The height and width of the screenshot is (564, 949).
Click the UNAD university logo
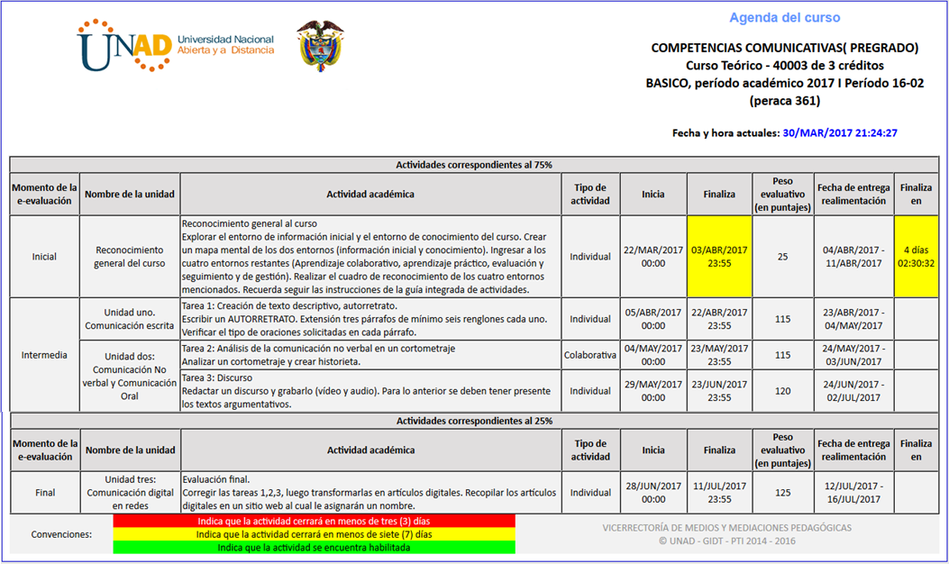(x=177, y=46)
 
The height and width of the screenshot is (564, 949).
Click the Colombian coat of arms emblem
(x=320, y=46)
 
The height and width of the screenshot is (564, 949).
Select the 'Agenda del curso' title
(x=784, y=18)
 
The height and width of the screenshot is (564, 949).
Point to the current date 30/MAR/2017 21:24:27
(x=840, y=132)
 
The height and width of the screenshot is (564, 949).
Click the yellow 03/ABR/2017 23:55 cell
(x=719, y=257)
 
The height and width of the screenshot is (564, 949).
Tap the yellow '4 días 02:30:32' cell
(x=916, y=257)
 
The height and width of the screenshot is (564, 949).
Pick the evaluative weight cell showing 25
(x=782, y=257)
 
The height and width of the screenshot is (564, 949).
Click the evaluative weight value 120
(x=782, y=391)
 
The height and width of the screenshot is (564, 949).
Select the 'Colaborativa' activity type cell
(x=590, y=355)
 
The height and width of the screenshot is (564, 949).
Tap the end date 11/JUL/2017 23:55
(x=719, y=493)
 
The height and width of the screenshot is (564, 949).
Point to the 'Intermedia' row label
(x=44, y=355)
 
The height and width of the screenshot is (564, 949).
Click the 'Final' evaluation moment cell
(x=44, y=493)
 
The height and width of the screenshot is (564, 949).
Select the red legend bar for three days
(x=314, y=521)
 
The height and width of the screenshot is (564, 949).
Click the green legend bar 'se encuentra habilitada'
(x=314, y=547)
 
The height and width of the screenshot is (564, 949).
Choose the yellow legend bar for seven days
(x=314, y=534)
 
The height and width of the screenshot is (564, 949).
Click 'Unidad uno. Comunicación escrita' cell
(x=130, y=319)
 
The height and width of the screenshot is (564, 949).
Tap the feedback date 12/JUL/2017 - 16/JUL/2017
(x=853, y=493)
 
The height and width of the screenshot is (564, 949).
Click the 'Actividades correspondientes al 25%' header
(x=474, y=421)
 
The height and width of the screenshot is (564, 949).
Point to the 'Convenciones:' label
(x=61, y=534)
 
